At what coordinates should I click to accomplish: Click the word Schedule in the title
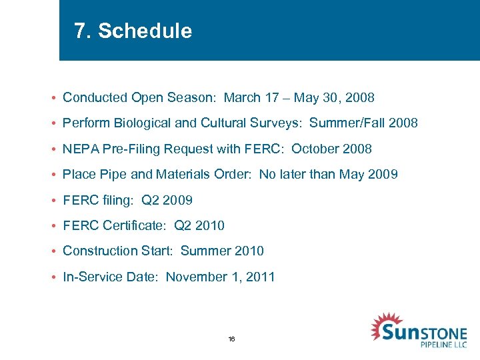[x=145, y=31]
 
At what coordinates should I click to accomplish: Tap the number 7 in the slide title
[x=81, y=31]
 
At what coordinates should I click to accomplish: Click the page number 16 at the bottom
[x=231, y=339]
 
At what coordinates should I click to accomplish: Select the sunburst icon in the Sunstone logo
[x=385, y=327]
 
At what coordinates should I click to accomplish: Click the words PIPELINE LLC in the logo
[x=443, y=344]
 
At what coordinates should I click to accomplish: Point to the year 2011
[x=261, y=277]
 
